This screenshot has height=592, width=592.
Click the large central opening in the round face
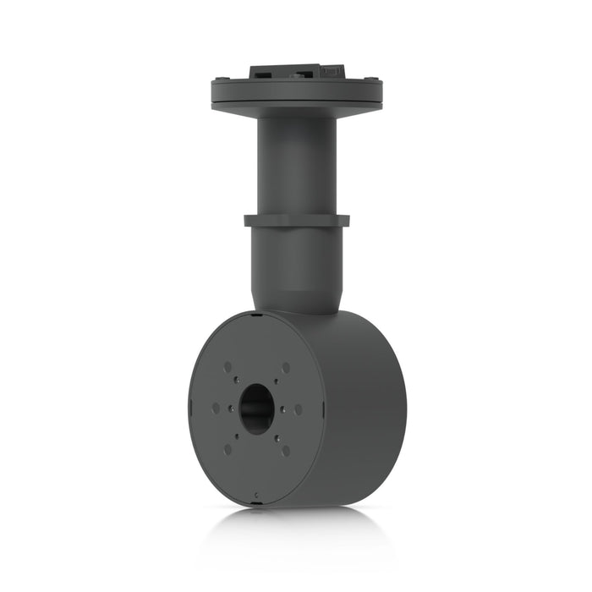point(255,408)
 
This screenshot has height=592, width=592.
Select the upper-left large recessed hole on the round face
point(227,366)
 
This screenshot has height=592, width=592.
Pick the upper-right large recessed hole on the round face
point(285,367)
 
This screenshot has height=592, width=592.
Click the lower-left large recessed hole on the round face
point(227,450)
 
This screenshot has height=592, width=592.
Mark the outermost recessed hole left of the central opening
point(216,408)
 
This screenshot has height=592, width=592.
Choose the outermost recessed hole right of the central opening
point(298,409)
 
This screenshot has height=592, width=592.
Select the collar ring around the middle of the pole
point(296,221)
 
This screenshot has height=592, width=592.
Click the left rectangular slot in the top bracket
point(263,73)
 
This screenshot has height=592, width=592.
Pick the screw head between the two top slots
point(296,74)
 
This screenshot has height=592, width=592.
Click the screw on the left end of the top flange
point(222,80)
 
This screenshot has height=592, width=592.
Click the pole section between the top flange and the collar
point(296,165)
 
